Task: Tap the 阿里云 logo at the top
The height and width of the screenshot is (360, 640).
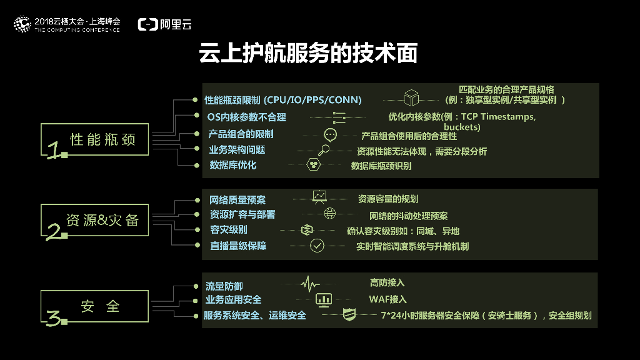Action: point(165,24)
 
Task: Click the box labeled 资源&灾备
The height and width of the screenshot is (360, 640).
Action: point(96,220)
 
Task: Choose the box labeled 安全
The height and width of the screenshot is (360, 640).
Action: point(96,306)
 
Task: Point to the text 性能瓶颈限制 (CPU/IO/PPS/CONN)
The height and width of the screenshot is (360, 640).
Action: point(283,100)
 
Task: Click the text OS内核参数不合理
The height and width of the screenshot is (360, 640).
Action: point(246,117)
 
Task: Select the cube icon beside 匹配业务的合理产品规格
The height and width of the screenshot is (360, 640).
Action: point(410,99)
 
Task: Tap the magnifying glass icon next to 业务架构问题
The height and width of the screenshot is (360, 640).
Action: point(325,150)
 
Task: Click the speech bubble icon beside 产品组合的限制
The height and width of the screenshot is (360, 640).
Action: point(331,134)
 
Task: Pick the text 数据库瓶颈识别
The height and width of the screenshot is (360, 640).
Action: point(381,166)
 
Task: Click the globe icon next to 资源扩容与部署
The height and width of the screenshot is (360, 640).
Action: point(329,214)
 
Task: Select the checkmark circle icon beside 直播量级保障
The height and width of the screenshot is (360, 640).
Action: point(317,246)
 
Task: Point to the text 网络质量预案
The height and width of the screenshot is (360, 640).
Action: point(237,200)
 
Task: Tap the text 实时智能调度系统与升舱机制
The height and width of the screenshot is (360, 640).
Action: point(412,246)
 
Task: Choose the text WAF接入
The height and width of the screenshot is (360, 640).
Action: point(387,299)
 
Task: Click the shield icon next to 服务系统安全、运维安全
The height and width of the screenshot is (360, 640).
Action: point(349,315)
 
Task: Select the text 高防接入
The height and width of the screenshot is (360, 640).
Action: point(387,283)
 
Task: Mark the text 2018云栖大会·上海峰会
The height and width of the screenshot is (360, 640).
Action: point(77,21)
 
